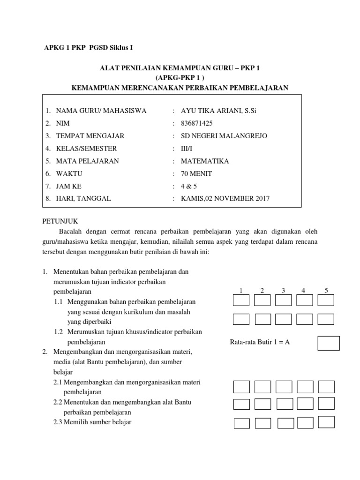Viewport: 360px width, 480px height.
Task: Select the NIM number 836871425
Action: click(x=196, y=123)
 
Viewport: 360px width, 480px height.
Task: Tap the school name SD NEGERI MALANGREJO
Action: click(x=224, y=136)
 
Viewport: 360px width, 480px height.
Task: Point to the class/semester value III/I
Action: click(x=187, y=149)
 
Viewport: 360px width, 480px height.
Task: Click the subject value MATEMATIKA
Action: click(x=205, y=161)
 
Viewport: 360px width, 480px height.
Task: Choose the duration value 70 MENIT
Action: click(x=196, y=174)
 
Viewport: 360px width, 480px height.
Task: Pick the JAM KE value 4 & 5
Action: click(x=189, y=186)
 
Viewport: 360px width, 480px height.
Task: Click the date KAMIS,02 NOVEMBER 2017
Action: click(x=225, y=198)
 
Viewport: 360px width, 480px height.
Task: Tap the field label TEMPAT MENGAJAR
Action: click(x=90, y=136)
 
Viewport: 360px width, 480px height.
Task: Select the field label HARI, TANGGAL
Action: click(x=83, y=198)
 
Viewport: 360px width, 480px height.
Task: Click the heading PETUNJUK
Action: click(x=60, y=220)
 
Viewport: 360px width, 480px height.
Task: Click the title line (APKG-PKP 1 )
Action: click(x=180, y=77)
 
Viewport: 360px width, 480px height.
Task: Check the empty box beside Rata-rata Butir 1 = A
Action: click(x=328, y=343)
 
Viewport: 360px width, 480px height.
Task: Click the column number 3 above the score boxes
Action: click(x=284, y=291)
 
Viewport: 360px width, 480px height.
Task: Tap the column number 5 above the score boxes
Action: click(x=326, y=291)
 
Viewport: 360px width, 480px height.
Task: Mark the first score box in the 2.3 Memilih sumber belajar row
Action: click(x=241, y=423)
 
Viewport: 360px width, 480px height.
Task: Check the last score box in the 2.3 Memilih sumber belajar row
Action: click(x=326, y=422)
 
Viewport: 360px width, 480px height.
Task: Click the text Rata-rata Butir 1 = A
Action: click(x=260, y=342)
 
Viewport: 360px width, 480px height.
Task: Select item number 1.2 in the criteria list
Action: click(x=58, y=332)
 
